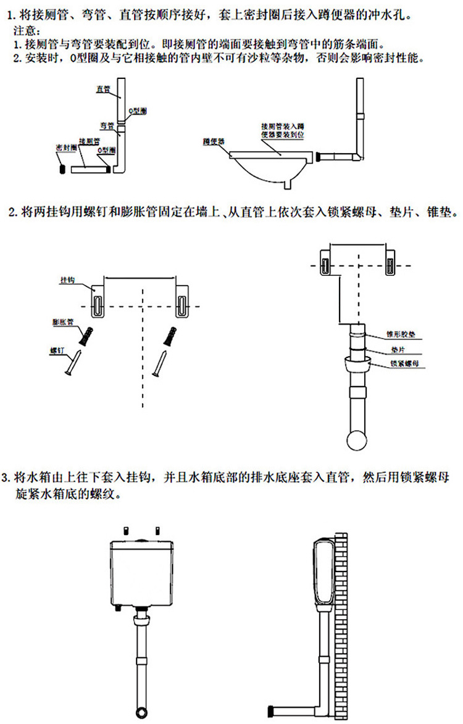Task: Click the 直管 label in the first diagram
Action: click(102, 89)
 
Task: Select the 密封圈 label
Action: click(65, 148)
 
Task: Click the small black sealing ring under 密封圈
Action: click(62, 167)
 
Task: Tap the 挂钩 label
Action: click(67, 280)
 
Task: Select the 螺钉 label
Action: click(57, 350)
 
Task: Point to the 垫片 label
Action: click(397, 349)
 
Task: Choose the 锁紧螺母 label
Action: click(404, 364)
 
